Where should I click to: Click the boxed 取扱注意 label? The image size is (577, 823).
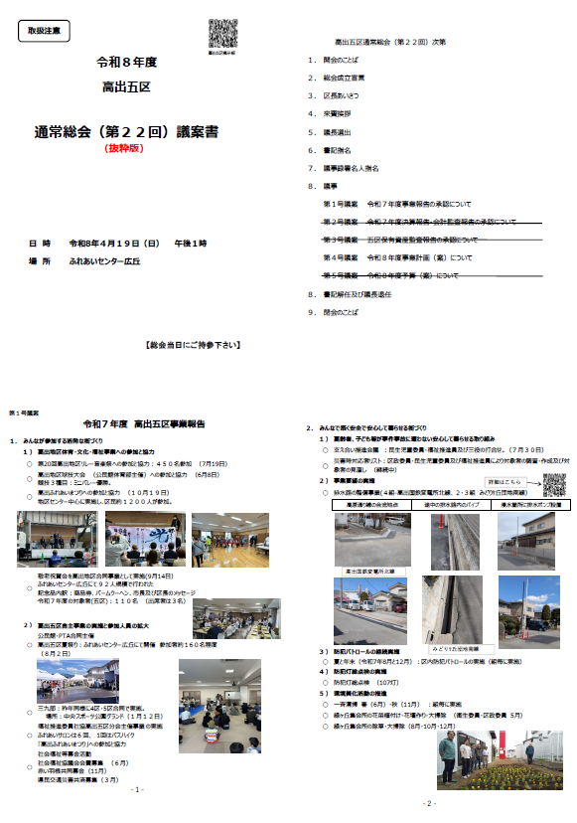[44, 31]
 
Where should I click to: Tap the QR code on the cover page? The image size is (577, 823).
[221, 34]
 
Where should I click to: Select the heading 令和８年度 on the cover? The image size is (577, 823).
[127, 62]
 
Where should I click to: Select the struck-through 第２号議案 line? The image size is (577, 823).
[418, 222]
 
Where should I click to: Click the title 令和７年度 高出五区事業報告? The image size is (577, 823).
[144, 424]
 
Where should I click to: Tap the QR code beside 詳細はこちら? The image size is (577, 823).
[554, 457]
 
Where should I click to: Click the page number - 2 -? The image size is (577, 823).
[429, 802]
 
